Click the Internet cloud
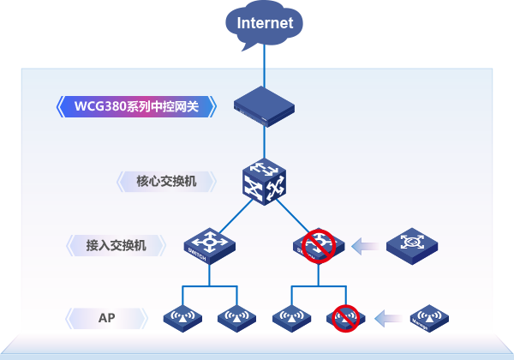click(264, 23)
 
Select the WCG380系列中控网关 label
click(136, 106)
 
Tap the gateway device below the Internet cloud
click(264, 105)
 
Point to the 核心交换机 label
click(166, 181)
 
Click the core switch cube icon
click(264, 181)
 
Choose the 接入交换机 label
click(117, 245)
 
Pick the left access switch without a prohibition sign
click(209, 245)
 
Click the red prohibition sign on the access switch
click(319, 244)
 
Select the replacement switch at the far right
click(412, 245)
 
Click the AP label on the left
click(107, 318)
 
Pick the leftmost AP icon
click(182, 318)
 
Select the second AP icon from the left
click(236, 318)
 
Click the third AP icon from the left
click(292, 318)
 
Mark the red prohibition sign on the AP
click(345, 317)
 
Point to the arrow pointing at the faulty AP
click(387, 318)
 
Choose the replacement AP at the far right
click(428, 318)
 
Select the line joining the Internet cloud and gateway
click(264, 64)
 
